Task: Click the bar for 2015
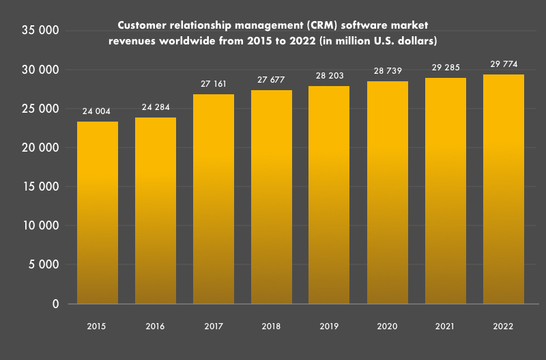[98, 212]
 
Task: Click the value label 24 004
[97, 111]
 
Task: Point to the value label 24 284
[156, 107]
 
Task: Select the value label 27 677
[272, 80]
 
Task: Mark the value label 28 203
[330, 76]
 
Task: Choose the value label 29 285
[446, 68]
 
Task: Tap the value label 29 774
[504, 64]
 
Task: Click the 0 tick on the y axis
[55, 304]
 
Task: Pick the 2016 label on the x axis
[156, 327]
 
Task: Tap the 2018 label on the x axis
[272, 327]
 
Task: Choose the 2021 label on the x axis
[446, 327]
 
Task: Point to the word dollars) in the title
[416, 42]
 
